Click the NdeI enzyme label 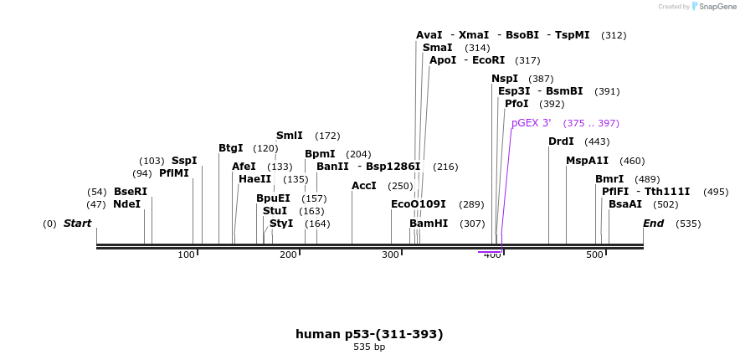pos(126,204)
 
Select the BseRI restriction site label pos(130,192)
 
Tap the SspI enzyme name pos(184,161)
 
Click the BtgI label pos(230,148)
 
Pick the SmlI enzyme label pos(289,136)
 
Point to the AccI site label pos(364,186)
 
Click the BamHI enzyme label pos(429,224)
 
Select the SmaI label pos(437,48)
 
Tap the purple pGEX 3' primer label pos(531,123)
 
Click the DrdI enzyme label pos(561,141)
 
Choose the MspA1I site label pos(587,161)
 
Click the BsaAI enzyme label pos(625,204)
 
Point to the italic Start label pos(77,224)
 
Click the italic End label pos(653,224)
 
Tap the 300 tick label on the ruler pos(390,255)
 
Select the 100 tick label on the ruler pos(186,255)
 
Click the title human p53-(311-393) pos(369,334)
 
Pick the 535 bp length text pos(369,347)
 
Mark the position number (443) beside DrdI pos(597,141)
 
